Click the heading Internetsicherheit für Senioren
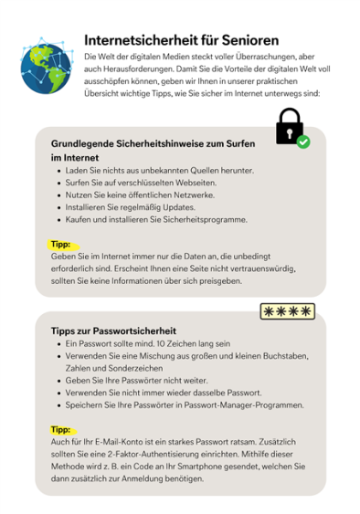(182, 40)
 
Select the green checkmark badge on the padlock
(303, 142)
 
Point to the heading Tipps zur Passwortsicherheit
(113, 330)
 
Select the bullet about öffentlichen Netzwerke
(137, 195)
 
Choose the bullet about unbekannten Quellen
(159, 171)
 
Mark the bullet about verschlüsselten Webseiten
(141, 183)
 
